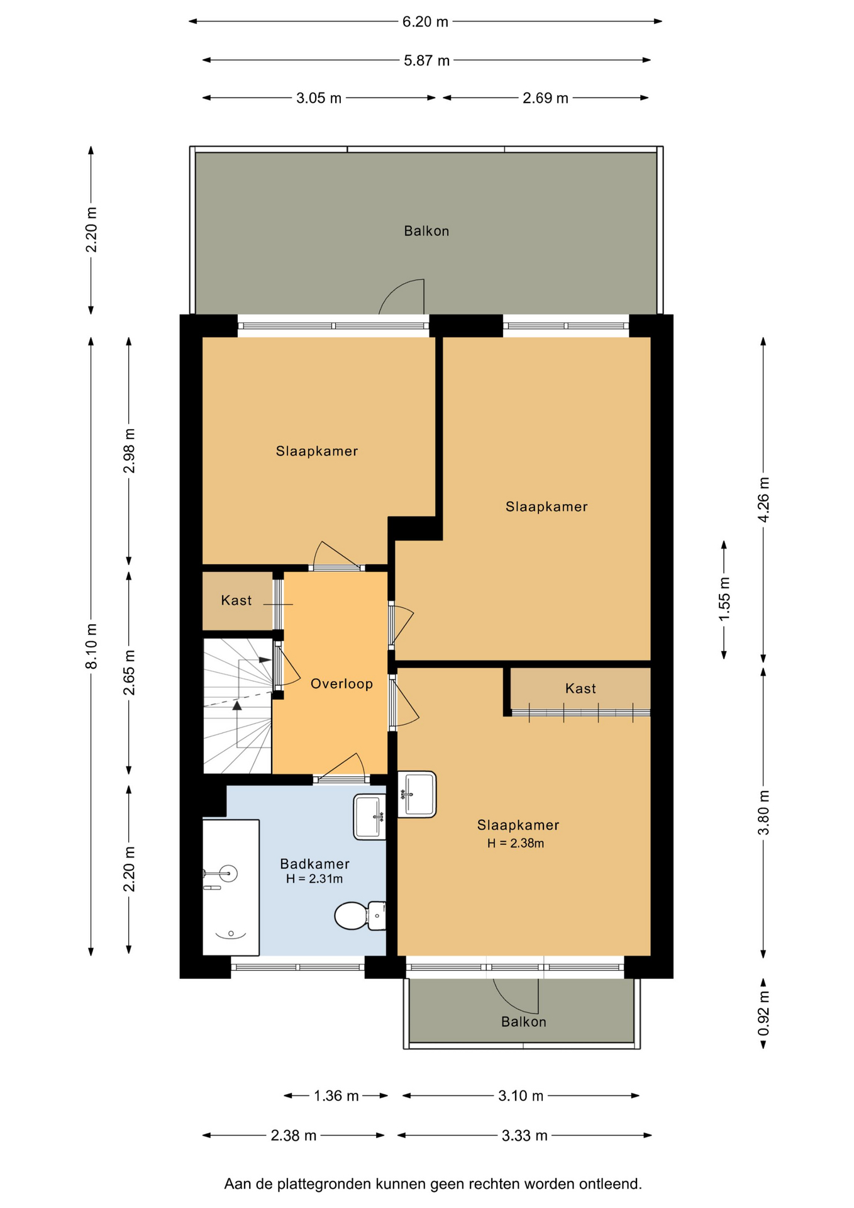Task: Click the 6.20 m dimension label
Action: coord(425,22)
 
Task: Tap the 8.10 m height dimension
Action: coord(92,646)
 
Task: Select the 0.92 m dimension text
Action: coord(763,1013)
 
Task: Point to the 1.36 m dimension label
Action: coord(336,1096)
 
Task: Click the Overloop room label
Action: coord(341,684)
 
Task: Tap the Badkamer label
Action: coord(314,864)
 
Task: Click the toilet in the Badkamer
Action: coord(360,915)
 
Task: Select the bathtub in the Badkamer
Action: coord(231,887)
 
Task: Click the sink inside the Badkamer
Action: coord(370,817)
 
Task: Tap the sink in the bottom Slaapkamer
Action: coord(416,794)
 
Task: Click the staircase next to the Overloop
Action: coord(238,706)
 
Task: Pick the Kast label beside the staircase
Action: coord(236,601)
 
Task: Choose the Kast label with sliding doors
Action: coord(580,689)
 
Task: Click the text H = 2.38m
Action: coord(516,844)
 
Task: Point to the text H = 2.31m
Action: coord(314,879)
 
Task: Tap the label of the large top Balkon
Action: coord(426,232)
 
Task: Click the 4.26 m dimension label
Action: coord(763,500)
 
